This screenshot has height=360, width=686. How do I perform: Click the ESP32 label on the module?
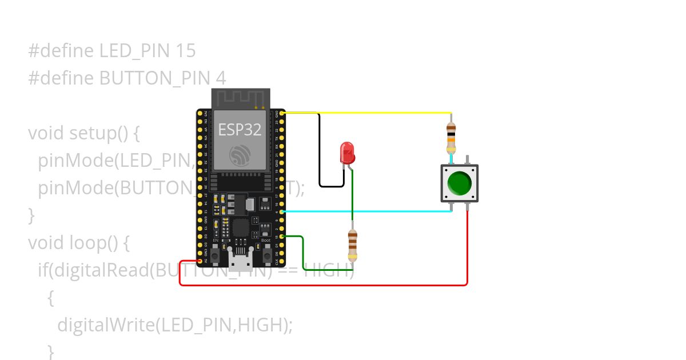coord(240,130)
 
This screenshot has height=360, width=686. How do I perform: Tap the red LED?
coord(346,153)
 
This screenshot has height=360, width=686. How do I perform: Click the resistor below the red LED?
coord(352,245)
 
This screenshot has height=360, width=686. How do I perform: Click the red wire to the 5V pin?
coord(320,285)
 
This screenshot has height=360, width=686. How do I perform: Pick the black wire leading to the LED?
coord(320,154)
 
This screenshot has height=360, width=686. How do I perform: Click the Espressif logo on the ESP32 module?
coord(240,155)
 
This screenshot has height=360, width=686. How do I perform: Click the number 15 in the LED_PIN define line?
coord(186,51)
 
